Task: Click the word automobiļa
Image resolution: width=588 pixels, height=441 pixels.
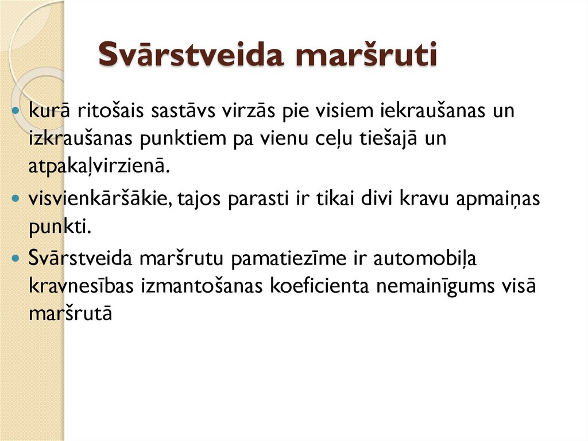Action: point(425,259)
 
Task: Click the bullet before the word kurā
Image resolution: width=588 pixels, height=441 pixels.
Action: point(17,111)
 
